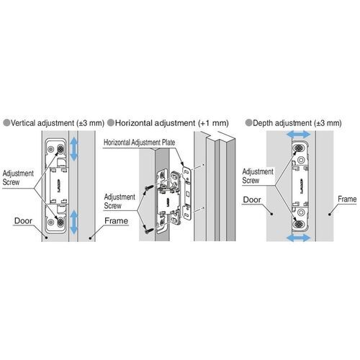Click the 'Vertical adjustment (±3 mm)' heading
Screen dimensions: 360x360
pos(58,123)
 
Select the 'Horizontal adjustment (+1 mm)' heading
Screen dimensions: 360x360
pos(171,123)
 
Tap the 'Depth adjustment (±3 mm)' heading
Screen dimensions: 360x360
pos(297,123)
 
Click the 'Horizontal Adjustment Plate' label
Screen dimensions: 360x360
pos(139,143)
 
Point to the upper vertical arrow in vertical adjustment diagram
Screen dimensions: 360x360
pos(73,149)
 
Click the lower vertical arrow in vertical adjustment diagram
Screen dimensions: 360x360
pos(73,222)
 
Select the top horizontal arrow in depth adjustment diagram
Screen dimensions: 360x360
pos(299,135)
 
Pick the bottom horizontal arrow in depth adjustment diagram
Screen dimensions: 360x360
pos(299,238)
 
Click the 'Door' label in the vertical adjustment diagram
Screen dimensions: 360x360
pos(23,221)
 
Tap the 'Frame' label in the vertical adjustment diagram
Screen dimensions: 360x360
pos(116,221)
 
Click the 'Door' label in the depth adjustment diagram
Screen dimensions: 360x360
pos(252,199)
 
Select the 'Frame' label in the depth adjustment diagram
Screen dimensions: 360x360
pos(347,199)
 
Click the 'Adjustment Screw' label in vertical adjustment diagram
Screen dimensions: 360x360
pos(18,178)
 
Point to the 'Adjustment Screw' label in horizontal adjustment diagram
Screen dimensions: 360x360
pos(120,202)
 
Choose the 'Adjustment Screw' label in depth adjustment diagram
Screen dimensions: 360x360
pos(258,176)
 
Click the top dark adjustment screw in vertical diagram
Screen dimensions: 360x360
pos(60,149)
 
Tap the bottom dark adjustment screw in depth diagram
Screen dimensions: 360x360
pos(298,225)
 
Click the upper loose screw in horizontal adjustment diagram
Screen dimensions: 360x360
pos(148,188)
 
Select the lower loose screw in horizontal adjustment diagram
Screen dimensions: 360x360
pos(149,230)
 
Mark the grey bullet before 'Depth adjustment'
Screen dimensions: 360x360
pos(249,123)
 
